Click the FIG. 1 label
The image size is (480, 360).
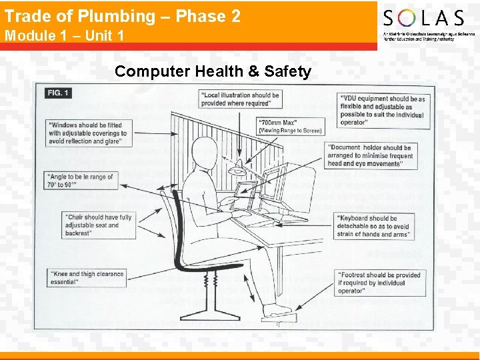(59, 93)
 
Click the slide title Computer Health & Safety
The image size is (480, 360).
(213, 71)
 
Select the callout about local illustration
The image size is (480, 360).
(240, 99)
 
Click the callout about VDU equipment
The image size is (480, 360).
(383, 111)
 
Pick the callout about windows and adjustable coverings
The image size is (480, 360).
(87, 133)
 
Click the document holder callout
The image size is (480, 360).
(371, 155)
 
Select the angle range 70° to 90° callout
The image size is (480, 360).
(80, 181)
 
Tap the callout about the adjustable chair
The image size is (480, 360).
(98, 225)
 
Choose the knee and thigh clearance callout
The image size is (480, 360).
(87, 278)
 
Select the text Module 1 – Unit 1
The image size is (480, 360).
(64, 35)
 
